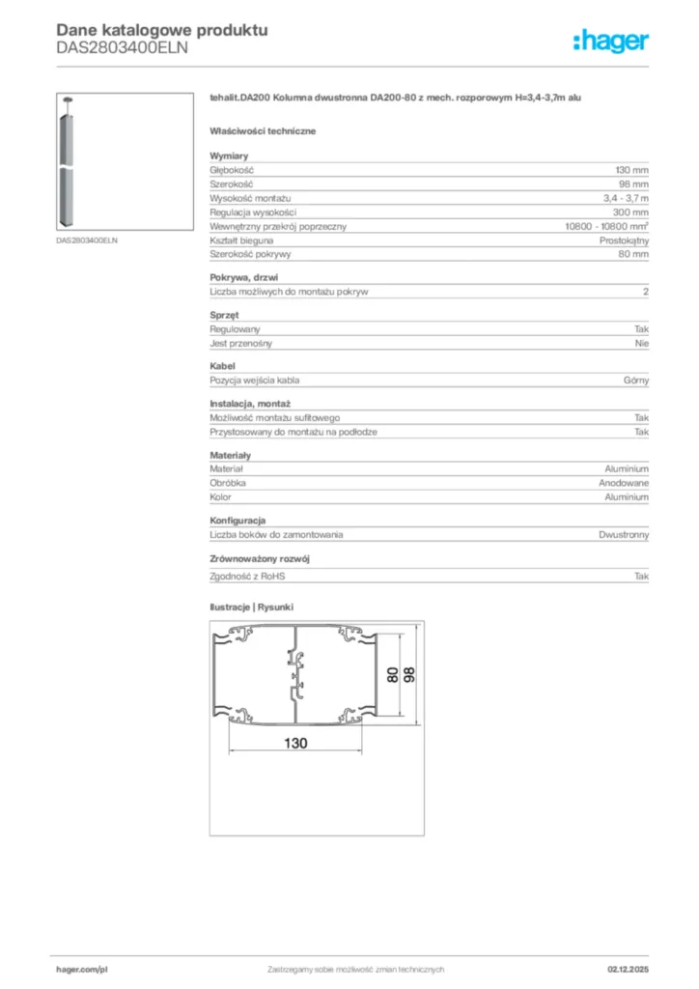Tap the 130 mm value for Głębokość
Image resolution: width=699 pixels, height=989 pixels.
click(x=631, y=169)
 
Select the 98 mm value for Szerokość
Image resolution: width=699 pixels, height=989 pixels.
click(x=633, y=184)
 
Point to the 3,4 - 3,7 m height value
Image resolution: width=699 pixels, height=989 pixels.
click(x=626, y=198)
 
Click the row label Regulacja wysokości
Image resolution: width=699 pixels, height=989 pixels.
click(x=253, y=212)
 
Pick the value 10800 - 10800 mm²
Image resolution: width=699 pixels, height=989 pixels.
click(x=606, y=226)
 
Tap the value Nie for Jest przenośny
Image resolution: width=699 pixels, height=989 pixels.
click(x=642, y=343)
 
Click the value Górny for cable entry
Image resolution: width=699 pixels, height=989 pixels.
click(x=636, y=381)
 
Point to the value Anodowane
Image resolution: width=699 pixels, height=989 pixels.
click(x=623, y=482)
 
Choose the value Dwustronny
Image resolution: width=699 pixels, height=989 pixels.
click(x=624, y=534)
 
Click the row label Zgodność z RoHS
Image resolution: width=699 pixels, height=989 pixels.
click(x=248, y=576)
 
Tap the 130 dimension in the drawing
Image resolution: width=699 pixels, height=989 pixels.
click(x=295, y=744)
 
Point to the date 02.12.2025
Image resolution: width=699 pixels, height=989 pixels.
click(x=628, y=969)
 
